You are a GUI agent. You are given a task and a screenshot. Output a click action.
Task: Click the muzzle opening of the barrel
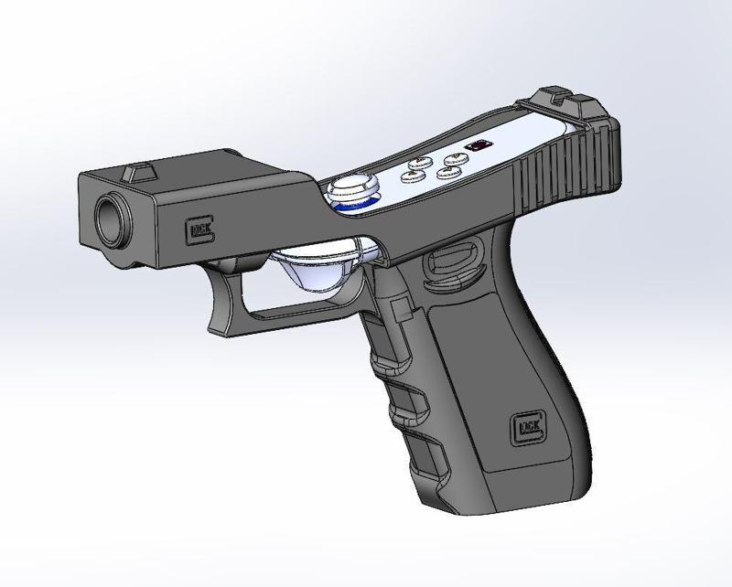pyautogui.click(x=112, y=220)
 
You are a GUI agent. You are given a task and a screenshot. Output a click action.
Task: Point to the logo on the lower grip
pyautogui.click(x=527, y=427)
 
